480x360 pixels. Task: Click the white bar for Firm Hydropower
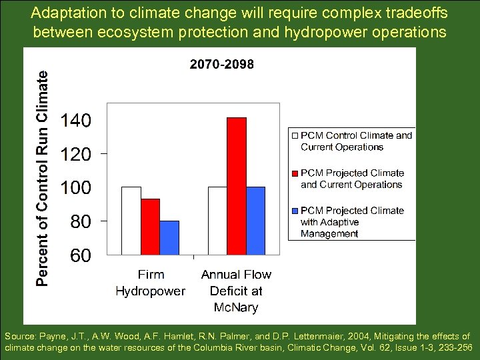tap(131, 221)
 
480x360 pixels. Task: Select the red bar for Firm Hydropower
tap(151, 227)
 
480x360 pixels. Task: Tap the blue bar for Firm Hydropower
tap(170, 237)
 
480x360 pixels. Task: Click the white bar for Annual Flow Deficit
tap(217, 221)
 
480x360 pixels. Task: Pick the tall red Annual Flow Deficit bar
tap(237, 186)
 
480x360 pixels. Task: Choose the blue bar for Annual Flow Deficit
tap(256, 221)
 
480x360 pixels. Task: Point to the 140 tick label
tap(76, 121)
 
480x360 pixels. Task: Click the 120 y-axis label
tap(76, 155)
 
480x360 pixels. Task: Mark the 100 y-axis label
tap(76, 188)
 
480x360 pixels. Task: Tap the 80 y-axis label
tap(81, 221)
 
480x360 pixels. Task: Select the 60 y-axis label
tap(81, 255)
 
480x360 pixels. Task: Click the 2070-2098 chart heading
tap(222, 65)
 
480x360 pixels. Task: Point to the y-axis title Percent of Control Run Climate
tap(41, 179)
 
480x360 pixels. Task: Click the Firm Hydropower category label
tap(151, 283)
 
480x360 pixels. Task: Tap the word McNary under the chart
tap(236, 307)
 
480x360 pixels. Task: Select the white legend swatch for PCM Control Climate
tap(295, 135)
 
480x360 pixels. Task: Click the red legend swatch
tap(295, 173)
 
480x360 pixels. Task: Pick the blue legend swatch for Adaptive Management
tap(295, 210)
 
